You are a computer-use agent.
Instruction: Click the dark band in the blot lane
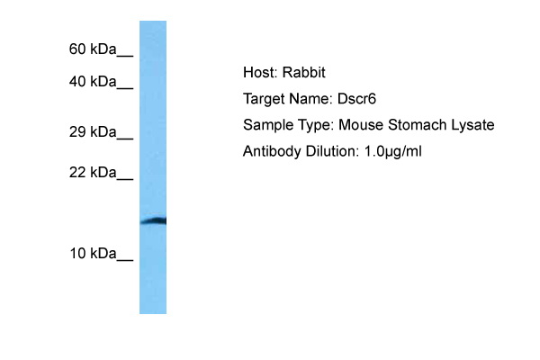(x=153, y=221)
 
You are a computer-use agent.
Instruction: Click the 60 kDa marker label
(x=93, y=49)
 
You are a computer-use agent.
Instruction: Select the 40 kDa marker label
(x=93, y=82)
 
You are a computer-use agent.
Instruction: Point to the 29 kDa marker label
(x=93, y=132)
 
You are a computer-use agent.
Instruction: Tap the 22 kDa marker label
(x=93, y=172)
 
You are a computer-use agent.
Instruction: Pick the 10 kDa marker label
(x=93, y=254)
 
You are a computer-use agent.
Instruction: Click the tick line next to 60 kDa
(x=125, y=55)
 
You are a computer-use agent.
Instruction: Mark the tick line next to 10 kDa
(x=125, y=259)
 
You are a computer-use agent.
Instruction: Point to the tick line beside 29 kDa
(x=125, y=138)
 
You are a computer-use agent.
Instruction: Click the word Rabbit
(x=304, y=72)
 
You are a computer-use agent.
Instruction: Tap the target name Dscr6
(x=356, y=99)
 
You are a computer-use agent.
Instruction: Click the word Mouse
(x=361, y=125)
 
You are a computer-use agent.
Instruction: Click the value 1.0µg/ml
(x=392, y=151)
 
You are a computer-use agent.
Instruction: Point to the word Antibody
(x=272, y=151)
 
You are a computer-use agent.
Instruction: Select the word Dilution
(x=332, y=151)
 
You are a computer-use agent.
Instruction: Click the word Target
(x=263, y=100)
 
